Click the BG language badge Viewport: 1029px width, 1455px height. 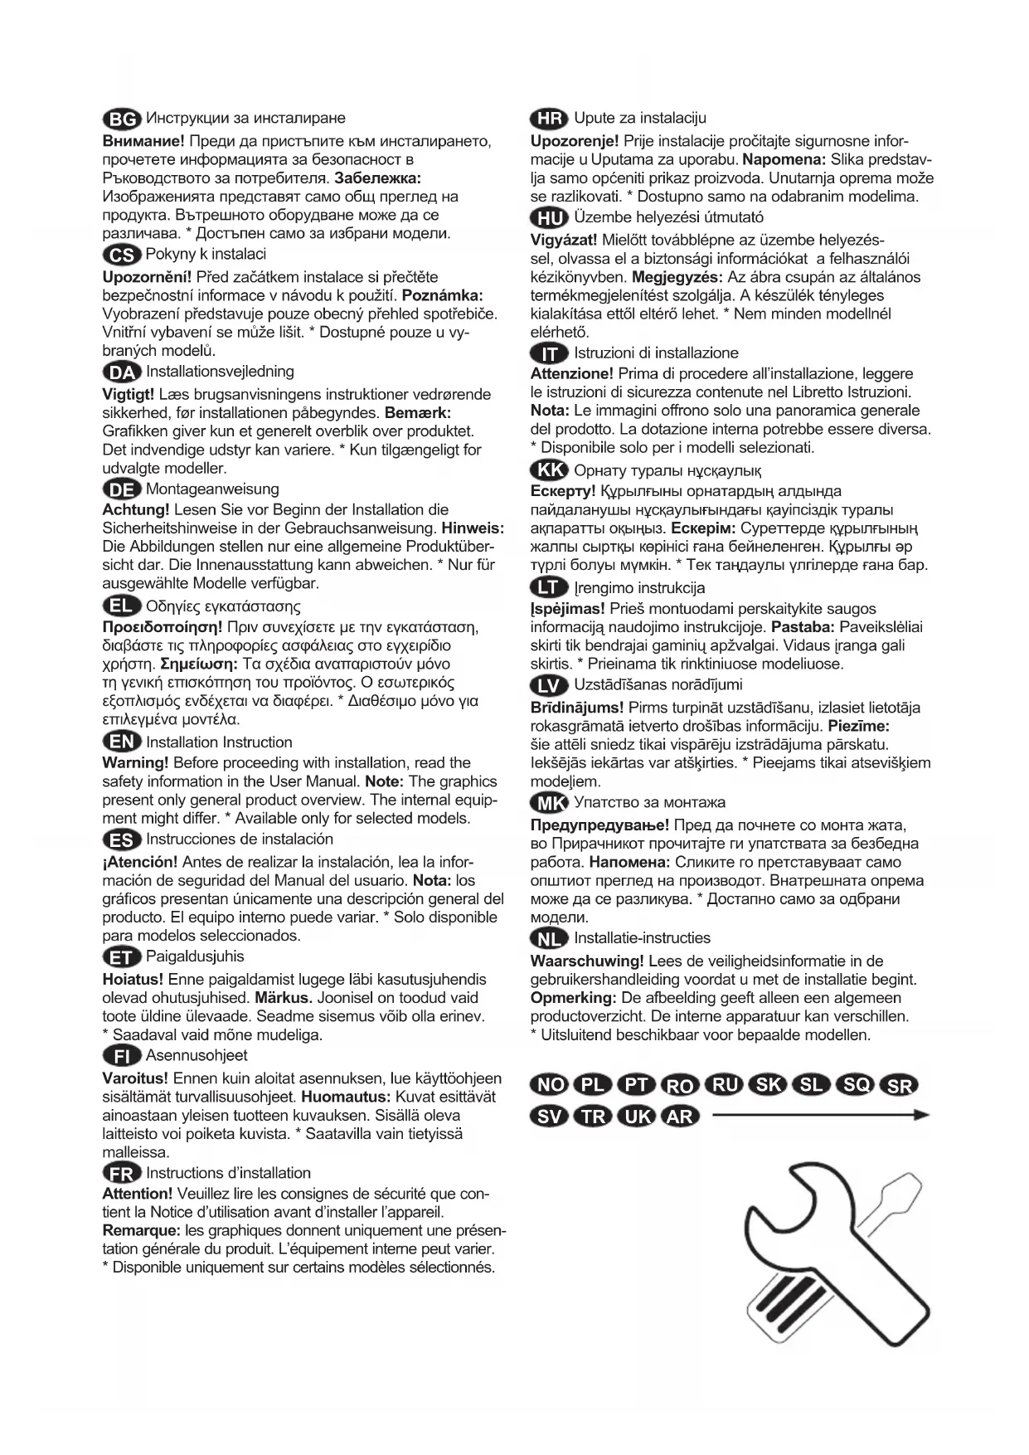(x=122, y=119)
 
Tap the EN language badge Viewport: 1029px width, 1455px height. (x=122, y=742)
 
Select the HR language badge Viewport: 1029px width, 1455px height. (x=549, y=119)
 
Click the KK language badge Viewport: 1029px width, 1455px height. (x=549, y=471)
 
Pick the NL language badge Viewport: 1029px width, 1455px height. (x=549, y=938)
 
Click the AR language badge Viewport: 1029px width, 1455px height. (x=680, y=1116)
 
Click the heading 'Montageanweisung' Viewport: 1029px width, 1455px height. (x=212, y=489)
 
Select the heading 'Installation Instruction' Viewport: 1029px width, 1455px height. (x=219, y=742)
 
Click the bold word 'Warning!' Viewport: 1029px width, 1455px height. (x=135, y=762)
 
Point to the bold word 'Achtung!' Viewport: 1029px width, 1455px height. (x=135, y=509)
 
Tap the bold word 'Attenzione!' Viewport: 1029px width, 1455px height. (x=571, y=374)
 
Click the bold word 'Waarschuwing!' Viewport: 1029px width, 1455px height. (x=586, y=961)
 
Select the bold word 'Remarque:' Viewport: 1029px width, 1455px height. (x=140, y=1230)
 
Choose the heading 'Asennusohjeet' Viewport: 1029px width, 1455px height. (x=197, y=1055)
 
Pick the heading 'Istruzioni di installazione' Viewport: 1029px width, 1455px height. (x=656, y=353)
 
